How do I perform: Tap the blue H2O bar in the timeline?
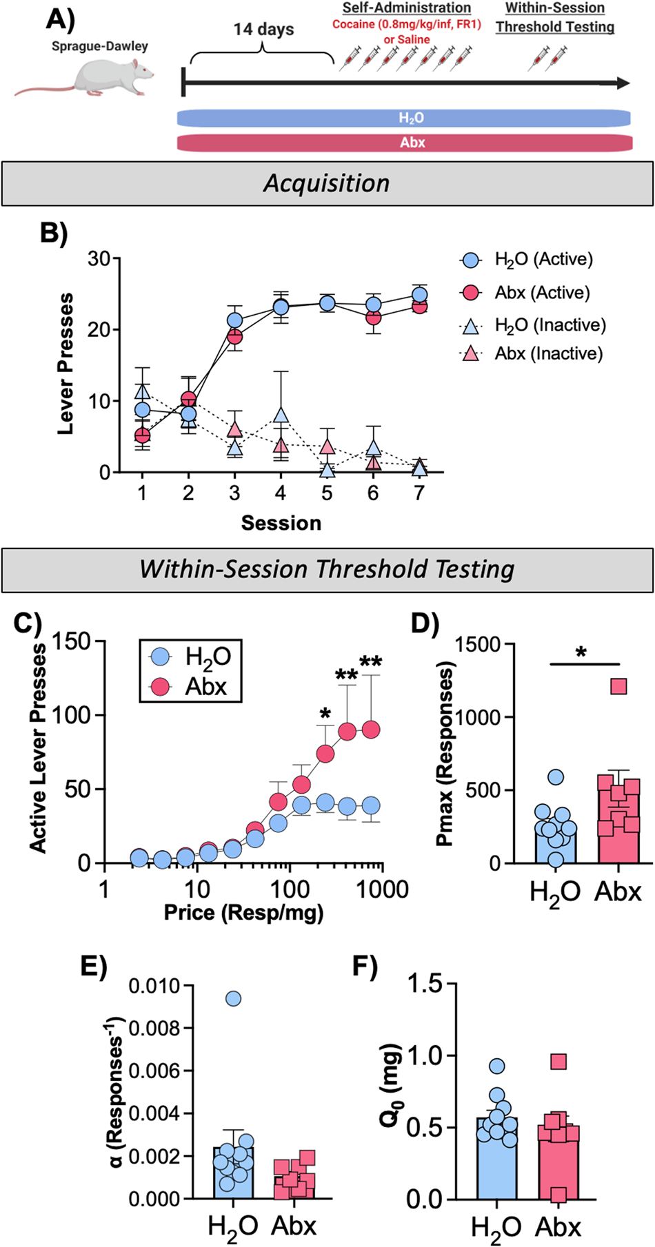(403, 118)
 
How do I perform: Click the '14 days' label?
(263, 30)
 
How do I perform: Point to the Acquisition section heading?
(327, 183)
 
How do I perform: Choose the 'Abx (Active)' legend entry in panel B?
(541, 293)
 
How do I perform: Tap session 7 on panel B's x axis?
(419, 493)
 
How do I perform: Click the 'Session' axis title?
(281, 523)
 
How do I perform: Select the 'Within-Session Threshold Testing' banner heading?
(327, 570)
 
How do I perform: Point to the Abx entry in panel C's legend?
(205, 687)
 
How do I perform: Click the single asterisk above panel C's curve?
(325, 711)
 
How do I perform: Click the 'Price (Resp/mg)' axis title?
(243, 913)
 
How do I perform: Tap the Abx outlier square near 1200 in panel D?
(618, 686)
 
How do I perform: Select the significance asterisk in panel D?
(581, 652)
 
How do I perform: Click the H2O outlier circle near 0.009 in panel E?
(233, 998)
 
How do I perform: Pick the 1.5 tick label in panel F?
(425, 984)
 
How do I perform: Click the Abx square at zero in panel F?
(558, 1195)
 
